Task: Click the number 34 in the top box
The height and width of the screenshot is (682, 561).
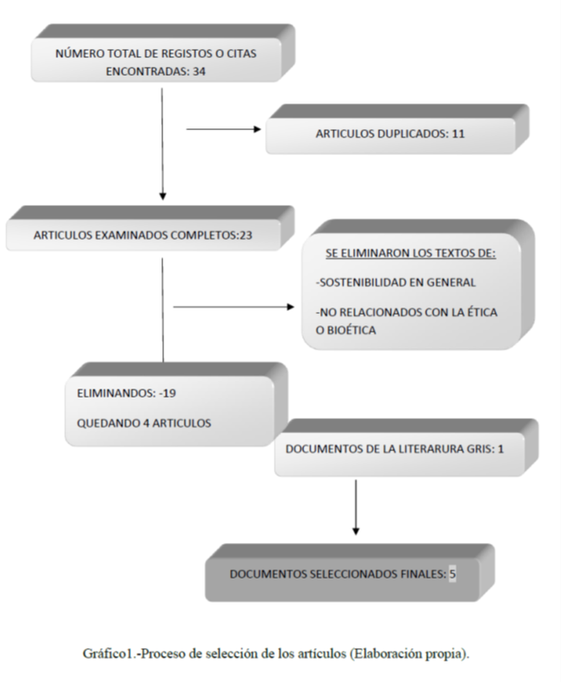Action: pyautogui.click(x=199, y=71)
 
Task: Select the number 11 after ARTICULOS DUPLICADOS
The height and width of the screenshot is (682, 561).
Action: pyautogui.click(x=458, y=134)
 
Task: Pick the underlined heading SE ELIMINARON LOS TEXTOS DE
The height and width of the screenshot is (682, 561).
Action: pyautogui.click(x=410, y=253)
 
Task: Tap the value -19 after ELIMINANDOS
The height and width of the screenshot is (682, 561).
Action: pyautogui.click(x=168, y=393)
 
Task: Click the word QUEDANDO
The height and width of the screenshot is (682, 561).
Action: pyautogui.click(x=103, y=423)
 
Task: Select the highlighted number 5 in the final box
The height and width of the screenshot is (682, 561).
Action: pyautogui.click(x=452, y=574)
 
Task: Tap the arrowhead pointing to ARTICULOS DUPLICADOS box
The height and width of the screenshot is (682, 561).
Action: pyautogui.click(x=258, y=129)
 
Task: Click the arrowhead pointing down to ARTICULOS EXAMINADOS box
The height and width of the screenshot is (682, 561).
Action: pyautogui.click(x=163, y=196)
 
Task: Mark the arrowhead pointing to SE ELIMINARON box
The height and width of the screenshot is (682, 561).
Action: pyautogui.click(x=291, y=307)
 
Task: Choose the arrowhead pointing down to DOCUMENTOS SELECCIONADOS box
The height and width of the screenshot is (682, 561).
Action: pyautogui.click(x=356, y=530)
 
